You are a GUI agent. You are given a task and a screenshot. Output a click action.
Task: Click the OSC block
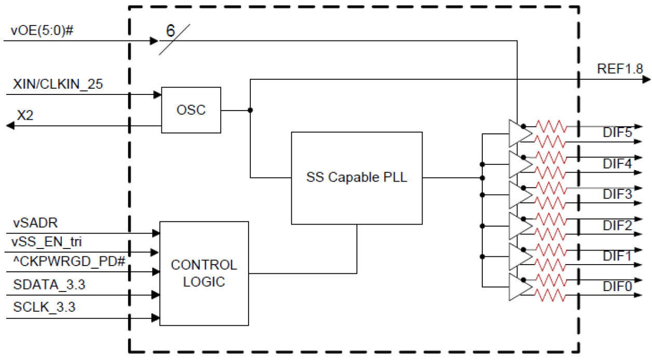pyautogui.click(x=191, y=110)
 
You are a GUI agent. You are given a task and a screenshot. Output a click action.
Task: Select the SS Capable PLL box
pyautogui.click(x=357, y=177)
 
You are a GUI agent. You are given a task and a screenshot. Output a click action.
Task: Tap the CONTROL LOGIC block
pyautogui.click(x=203, y=273)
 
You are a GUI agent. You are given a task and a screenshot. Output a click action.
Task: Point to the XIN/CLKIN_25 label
pyautogui.click(x=58, y=85)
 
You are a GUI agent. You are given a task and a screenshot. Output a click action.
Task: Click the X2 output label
pyautogui.click(x=25, y=115)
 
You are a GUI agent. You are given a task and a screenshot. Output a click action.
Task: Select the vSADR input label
pyautogui.click(x=35, y=224)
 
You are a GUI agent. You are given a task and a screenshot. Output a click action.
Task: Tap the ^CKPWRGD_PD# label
pyautogui.click(x=69, y=260)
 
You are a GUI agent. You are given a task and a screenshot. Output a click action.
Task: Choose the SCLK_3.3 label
pyautogui.click(x=44, y=307)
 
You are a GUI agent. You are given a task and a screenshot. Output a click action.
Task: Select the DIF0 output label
pyautogui.click(x=617, y=286)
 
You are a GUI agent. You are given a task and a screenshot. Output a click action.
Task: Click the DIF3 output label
pyautogui.click(x=617, y=195)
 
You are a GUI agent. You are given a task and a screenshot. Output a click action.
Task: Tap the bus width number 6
pyautogui.click(x=170, y=31)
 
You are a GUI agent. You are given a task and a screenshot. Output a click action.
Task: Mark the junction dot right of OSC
pyautogui.click(x=251, y=110)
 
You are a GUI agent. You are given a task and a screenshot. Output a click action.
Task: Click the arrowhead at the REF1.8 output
pyautogui.click(x=646, y=79)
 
